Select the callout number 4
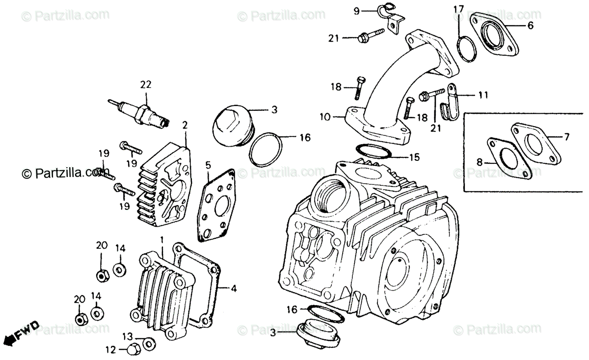click(234, 289)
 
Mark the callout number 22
click(145, 85)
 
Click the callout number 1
click(161, 240)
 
